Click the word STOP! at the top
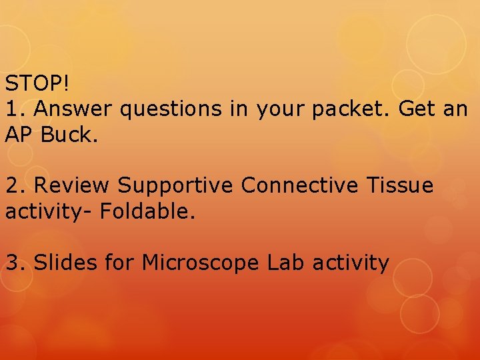[x=37, y=83]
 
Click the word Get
[x=417, y=109]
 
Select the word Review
[x=72, y=185]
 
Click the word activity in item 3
[x=355, y=263]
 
